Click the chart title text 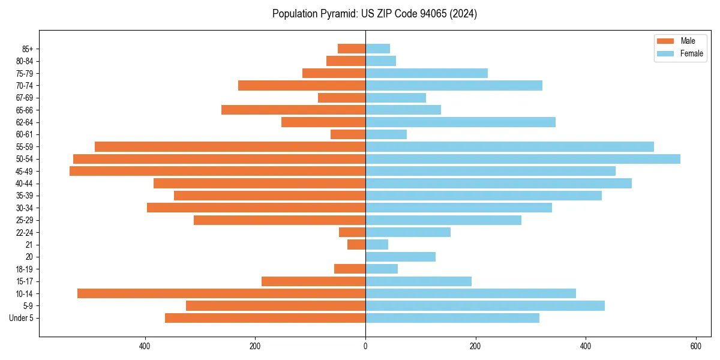pyautogui.click(x=374, y=14)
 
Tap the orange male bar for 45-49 pyautogui.click(x=217, y=171)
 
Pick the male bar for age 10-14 pyautogui.click(x=221, y=293)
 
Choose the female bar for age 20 pyautogui.click(x=400, y=257)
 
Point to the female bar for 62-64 pyautogui.click(x=460, y=122)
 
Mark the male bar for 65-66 pyautogui.click(x=293, y=110)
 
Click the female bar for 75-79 pyautogui.click(x=427, y=73)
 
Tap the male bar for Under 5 pyautogui.click(x=265, y=318)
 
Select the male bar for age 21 pyautogui.click(x=356, y=245)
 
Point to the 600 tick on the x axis pyautogui.click(x=696, y=346)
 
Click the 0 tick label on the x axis pyautogui.click(x=365, y=346)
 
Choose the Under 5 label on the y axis pyautogui.click(x=21, y=318)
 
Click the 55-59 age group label pyautogui.click(x=25, y=147)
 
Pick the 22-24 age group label pyautogui.click(x=25, y=232)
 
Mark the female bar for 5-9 pyautogui.click(x=485, y=306)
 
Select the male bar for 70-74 pyautogui.click(x=302, y=86)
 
